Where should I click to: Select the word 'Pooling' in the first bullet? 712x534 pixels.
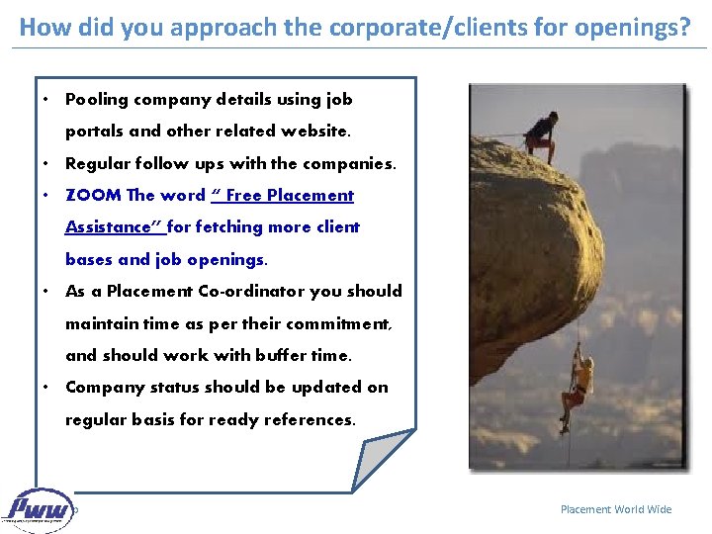[x=95, y=99]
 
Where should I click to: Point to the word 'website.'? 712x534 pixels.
[x=316, y=131]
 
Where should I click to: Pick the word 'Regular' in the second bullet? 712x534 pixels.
[x=95, y=163]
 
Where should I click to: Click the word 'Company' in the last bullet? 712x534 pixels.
[x=101, y=387]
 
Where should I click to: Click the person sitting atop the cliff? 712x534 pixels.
[x=541, y=133]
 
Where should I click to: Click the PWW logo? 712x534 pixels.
[x=39, y=510]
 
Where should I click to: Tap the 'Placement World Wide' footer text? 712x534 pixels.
[x=615, y=509]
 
